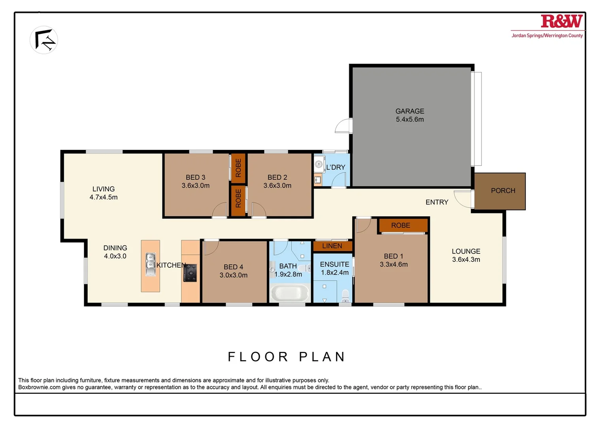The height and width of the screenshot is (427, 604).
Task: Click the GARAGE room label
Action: pos(410,111)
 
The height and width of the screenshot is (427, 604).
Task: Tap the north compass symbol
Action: pos(44,40)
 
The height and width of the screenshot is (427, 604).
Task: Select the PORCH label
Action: pos(503,191)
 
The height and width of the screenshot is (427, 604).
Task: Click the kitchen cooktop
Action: pos(190,273)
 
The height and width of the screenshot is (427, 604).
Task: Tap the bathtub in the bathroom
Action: pos(290,294)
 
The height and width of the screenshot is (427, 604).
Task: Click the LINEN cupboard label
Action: pos(332,246)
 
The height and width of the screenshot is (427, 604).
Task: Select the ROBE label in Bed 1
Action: pos(400,225)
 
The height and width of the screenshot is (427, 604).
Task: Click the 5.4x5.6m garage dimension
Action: pos(410,119)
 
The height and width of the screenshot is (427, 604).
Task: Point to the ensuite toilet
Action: pos(345,295)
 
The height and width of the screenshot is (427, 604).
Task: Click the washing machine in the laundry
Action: pos(319,164)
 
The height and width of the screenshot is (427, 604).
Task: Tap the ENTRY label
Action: pos(437,202)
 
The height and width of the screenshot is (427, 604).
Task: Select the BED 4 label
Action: pos(233,267)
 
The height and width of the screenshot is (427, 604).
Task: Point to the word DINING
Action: pos(115,248)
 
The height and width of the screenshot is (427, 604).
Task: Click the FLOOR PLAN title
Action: pos(287,357)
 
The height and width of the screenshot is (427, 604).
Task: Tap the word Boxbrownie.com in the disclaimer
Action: pos(39,387)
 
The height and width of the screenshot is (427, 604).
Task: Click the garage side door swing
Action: pos(343,126)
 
